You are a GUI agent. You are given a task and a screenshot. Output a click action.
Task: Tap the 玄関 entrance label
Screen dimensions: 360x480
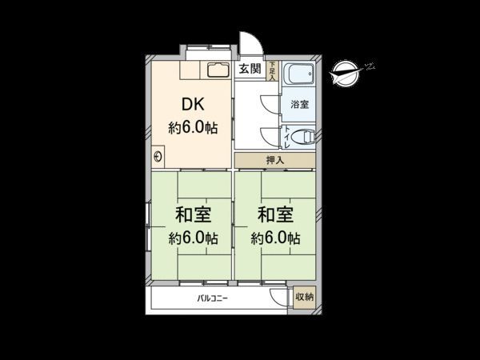pyautogui.click(x=250, y=69)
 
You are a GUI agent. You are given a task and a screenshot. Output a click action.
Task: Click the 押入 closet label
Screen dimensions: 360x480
pyautogui.click(x=274, y=160)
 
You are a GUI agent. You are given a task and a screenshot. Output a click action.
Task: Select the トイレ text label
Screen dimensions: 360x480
pyautogui.click(x=286, y=137)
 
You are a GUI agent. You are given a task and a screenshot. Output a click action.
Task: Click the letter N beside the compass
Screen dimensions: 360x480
pyautogui.click(x=370, y=66)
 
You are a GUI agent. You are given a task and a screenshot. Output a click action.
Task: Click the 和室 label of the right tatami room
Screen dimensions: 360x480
pyautogui.click(x=274, y=215)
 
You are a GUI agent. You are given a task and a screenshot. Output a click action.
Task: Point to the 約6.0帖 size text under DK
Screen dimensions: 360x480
pyautogui.click(x=193, y=128)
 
